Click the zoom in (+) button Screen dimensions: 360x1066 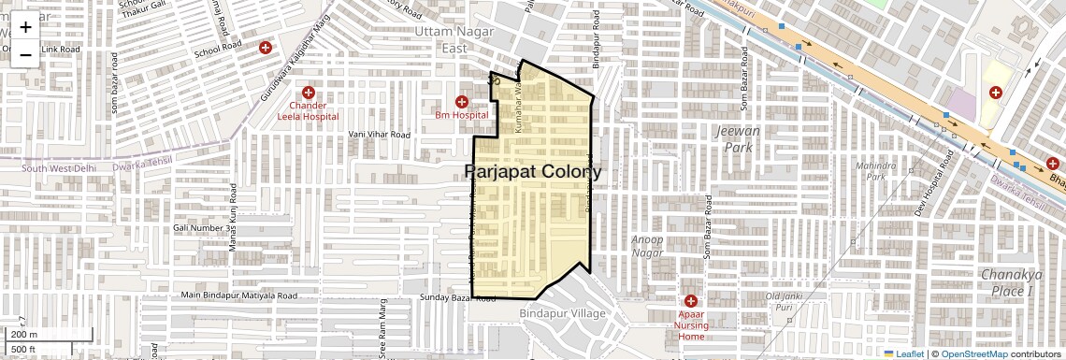tap(25, 27)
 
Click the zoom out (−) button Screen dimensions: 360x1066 tap(25, 54)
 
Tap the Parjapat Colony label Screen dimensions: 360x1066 tap(533, 172)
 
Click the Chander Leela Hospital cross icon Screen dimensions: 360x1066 tap(308, 93)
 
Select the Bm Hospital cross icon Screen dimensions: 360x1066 tap(461, 101)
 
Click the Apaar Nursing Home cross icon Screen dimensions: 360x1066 tap(690, 301)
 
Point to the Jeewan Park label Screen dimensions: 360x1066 tap(737, 139)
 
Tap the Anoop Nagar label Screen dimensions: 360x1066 tap(647, 246)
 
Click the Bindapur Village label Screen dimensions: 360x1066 tap(559, 313)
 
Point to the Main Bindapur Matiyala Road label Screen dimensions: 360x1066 tap(239, 295)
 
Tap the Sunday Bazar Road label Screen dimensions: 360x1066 tap(458, 299)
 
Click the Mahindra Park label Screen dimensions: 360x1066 tap(875, 171)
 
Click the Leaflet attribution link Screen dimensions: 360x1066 tap(903, 353)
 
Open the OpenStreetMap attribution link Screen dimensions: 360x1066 tap(972, 353)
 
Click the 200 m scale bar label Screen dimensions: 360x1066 tap(24, 335)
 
